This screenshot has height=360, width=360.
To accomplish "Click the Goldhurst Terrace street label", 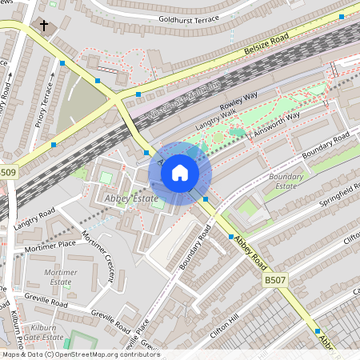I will coord(189,17).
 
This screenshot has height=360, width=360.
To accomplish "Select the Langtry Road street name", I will coord(34,217).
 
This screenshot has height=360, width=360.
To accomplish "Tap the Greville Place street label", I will coord(138,335).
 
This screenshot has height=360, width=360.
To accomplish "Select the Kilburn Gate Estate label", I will coord(42,334).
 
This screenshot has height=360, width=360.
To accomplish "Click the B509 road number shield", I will coord(8,172).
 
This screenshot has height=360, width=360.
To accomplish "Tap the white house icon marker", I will coord(179,173).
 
